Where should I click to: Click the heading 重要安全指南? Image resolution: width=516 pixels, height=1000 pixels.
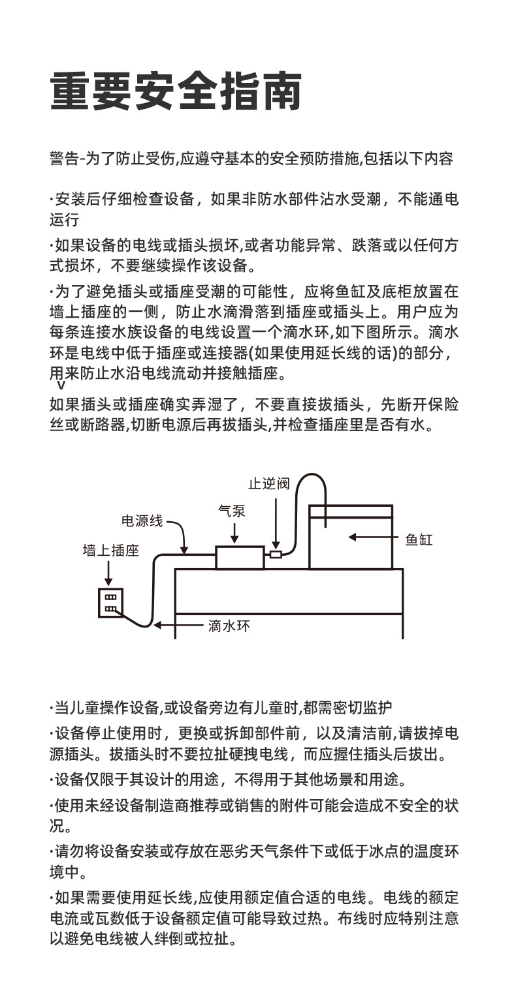(x=176, y=91)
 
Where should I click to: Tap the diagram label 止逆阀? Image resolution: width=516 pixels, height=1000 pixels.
(x=268, y=483)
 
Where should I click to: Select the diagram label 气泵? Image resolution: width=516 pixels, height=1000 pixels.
(x=232, y=511)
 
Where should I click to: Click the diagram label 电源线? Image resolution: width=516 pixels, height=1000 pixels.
(x=142, y=521)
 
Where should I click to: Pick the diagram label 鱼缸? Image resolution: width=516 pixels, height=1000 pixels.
(x=419, y=539)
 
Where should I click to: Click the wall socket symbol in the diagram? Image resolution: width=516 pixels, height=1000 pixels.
(x=110, y=602)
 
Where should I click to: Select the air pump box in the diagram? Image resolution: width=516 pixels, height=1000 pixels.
(x=240, y=558)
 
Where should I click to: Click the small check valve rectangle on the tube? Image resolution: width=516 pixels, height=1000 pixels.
(x=276, y=554)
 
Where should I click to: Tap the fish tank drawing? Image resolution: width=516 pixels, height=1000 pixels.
(x=351, y=537)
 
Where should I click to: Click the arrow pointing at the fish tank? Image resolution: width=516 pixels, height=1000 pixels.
(x=372, y=538)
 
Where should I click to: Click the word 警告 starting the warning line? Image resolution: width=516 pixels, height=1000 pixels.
(x=62, y=159)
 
